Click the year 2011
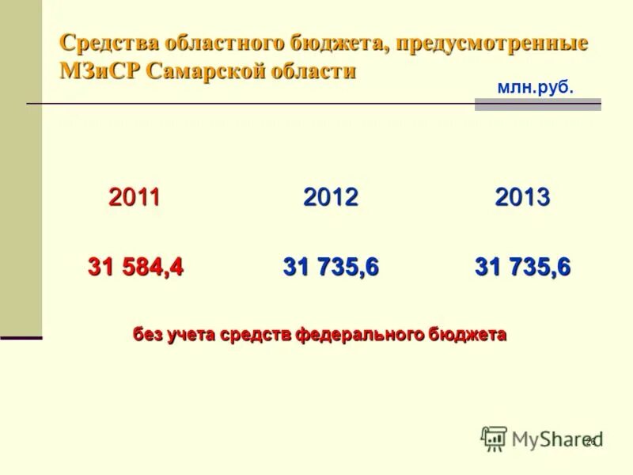(x=135, y=197)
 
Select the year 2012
(x=331, y=197)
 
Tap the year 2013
(x=522, y=197)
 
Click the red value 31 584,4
(x=135, y=268)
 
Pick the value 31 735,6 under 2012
(x=331, y=268)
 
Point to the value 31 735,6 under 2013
(x=522, y=268)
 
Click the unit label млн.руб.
(x=535, y=88)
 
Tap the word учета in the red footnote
(x=190, y=334)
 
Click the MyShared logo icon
(x=494, y=438)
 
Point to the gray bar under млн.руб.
(x=537, y=104)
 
